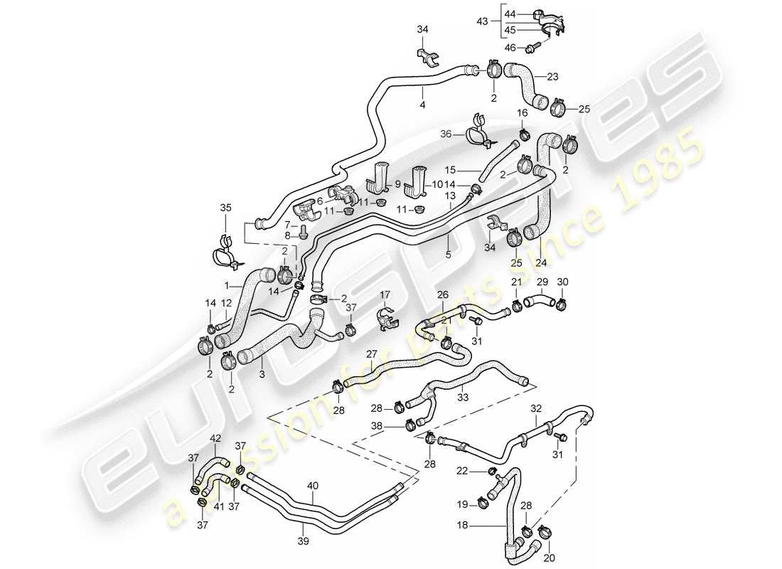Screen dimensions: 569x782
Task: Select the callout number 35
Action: (225, 208)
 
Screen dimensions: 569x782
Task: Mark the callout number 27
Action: (371, 353)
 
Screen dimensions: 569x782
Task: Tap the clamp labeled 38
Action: (410, 426)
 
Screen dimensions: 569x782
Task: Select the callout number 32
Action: (536, 408)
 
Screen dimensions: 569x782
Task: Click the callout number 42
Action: (215, 439)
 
